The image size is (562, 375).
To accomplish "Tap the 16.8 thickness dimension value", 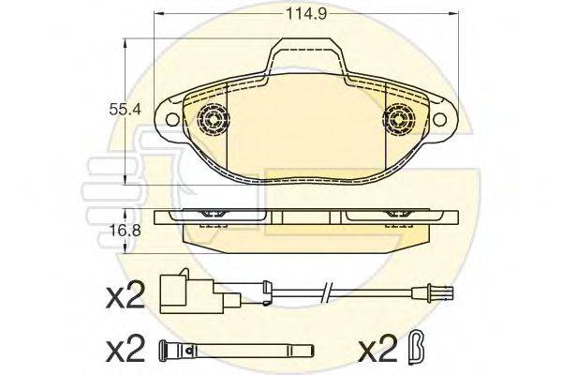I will click(119, 227).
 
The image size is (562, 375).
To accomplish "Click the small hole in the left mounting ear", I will click(173, 119).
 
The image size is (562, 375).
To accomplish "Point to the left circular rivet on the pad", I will click(213, 119).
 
